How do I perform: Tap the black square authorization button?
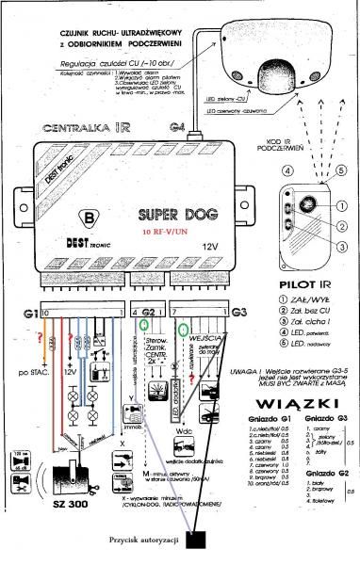(x=197, y=539)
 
